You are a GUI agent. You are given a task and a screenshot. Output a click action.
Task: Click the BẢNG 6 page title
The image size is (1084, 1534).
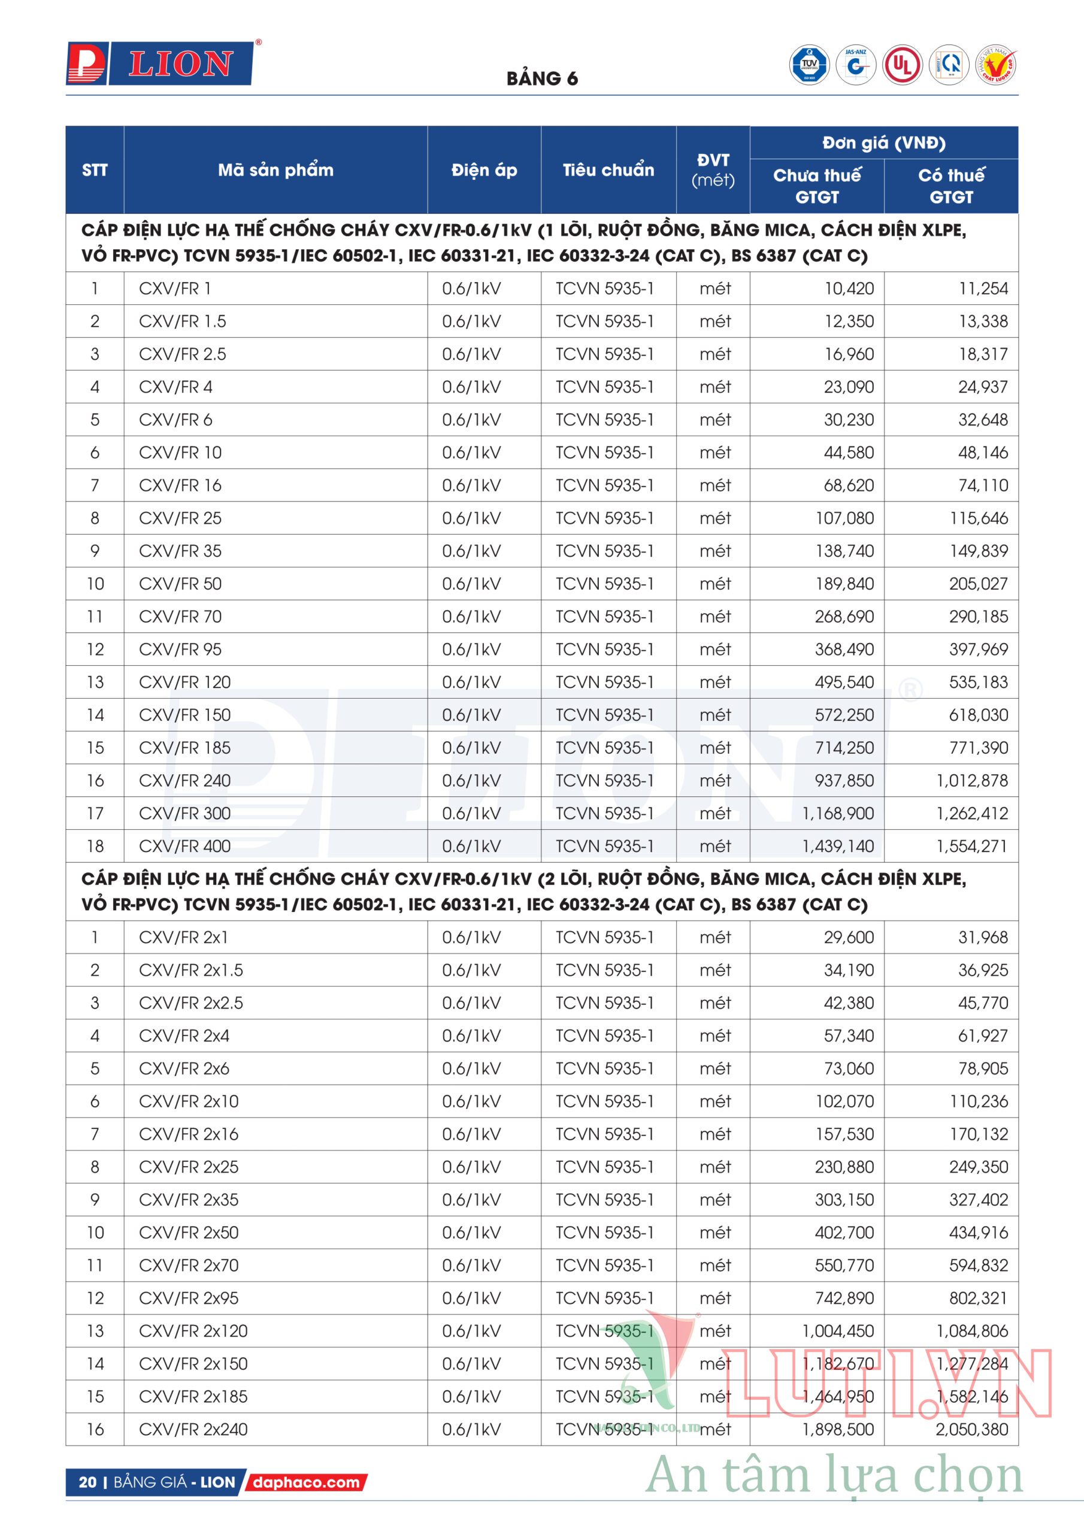541,79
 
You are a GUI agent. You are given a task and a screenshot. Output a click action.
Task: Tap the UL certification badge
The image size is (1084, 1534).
903,65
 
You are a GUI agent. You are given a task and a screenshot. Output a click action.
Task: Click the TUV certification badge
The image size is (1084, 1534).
810,65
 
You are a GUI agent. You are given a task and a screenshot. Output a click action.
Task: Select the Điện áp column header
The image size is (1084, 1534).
485,170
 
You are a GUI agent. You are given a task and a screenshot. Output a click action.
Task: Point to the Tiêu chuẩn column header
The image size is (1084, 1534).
608,170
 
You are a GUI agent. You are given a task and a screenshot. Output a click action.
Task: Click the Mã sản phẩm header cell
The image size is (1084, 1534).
275,170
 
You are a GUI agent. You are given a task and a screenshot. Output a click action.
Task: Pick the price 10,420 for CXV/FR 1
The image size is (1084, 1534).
848,289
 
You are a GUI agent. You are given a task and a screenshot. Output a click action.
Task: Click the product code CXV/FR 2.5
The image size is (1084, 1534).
182,354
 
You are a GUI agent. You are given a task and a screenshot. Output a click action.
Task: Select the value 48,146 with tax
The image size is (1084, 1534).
982,452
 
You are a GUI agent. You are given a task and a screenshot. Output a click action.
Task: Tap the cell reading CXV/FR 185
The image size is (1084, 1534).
184,748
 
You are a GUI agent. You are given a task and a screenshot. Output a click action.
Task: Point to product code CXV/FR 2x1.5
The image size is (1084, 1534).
191,970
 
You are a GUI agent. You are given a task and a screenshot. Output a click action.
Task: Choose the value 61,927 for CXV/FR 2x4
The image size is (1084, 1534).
982,1035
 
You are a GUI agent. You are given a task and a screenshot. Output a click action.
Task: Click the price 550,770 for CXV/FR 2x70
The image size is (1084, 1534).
844,1265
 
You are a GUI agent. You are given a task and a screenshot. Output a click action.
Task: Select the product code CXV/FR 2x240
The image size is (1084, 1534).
193,1429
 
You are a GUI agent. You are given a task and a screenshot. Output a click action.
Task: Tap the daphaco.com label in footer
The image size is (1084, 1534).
307,1482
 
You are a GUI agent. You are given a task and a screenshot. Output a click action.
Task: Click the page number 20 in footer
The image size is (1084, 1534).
87,1482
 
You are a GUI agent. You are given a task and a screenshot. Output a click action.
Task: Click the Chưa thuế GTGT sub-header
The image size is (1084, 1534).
817,186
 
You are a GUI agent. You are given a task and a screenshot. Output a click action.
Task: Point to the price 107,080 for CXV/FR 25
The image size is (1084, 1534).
844,518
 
